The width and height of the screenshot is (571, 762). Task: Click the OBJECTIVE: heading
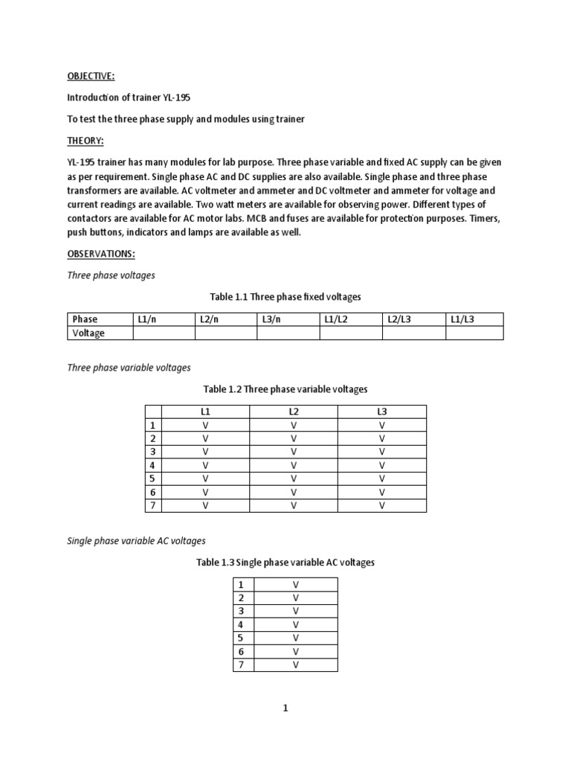(91, 76)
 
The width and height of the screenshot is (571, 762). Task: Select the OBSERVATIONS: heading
(101, 254)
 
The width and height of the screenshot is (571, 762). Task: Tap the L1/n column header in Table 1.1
(146, 319)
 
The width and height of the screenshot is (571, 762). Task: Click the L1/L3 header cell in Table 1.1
(462, 319)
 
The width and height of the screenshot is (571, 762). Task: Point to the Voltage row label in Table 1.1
(88, 333)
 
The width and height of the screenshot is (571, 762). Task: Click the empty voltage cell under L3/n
(288, 333)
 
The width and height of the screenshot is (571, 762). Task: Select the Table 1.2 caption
(285, 389)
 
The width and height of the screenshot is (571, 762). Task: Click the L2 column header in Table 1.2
(294, 412)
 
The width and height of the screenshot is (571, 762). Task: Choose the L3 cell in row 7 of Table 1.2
(382, 505)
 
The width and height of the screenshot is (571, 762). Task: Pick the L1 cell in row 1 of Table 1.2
(205, 425)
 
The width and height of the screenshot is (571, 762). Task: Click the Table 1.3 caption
(285, 563)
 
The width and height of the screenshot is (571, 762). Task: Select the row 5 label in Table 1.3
(241, 638)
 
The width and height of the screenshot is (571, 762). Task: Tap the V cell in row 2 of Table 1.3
(296, 598)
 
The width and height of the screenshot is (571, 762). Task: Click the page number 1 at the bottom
(285, 709)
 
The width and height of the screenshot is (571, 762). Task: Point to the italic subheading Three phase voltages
(112, 275)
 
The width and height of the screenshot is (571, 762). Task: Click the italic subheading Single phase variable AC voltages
(136, 541)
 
